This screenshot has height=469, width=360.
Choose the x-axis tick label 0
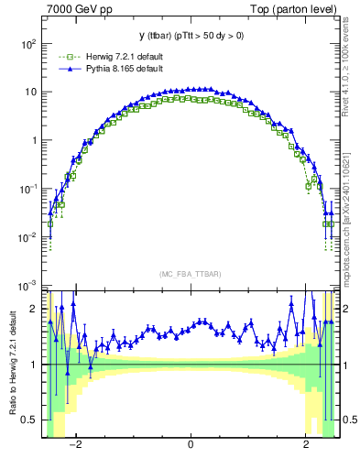point(191,444)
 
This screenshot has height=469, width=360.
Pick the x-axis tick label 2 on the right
point(306,444)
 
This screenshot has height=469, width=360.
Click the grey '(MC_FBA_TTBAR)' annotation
point(190,274)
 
